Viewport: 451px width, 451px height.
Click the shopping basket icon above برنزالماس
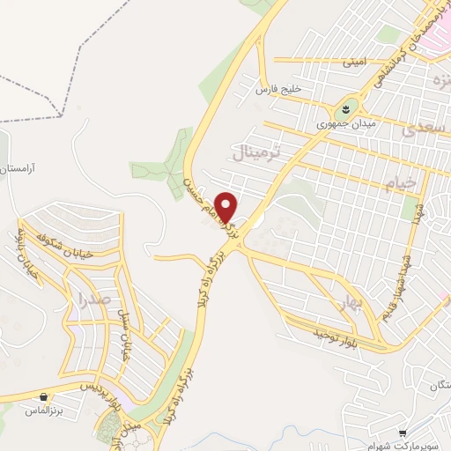click(x=44, y=396)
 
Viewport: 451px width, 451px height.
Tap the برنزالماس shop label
click(x=44, y=410)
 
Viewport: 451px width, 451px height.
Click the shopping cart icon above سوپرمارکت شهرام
click(x=403, y=433)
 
